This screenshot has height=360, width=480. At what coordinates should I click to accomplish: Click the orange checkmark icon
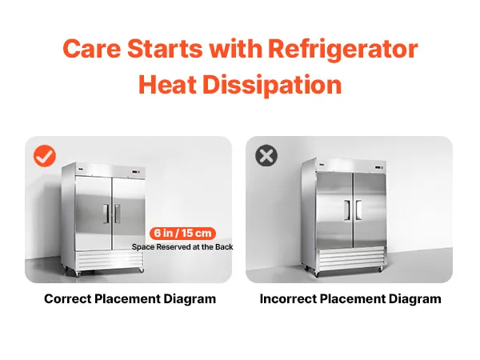[45, 156]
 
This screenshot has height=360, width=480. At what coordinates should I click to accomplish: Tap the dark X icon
[266, 155]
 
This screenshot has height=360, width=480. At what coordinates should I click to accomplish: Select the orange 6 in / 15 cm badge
[182, 234]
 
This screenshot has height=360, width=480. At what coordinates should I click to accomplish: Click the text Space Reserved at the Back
[182, 247]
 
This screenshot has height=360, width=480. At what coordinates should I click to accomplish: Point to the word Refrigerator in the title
[343, 48]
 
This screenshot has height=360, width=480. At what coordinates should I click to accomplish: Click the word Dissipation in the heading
[272, 85]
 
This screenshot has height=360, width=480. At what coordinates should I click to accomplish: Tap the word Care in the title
[92, 49]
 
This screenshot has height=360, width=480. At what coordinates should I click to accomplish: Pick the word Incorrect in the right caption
[288, 298]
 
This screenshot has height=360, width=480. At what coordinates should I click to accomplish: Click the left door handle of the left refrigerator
[106, 214]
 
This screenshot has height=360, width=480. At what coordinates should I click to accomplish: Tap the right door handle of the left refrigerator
[118, 214]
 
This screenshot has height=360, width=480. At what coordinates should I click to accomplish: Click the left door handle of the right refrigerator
[347, 210]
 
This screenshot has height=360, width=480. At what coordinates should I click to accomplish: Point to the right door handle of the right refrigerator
[358, 210]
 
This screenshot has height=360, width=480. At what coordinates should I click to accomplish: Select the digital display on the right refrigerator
[378, 167]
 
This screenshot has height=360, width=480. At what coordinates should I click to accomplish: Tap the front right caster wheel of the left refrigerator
[141, 270]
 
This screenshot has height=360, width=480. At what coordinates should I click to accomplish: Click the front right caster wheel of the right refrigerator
[380, 269]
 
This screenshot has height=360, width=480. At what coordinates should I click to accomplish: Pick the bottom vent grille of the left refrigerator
[110, 260]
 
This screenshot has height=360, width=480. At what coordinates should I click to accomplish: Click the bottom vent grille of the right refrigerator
[351, 258]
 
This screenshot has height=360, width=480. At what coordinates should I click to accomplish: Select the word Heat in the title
[167, 84]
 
